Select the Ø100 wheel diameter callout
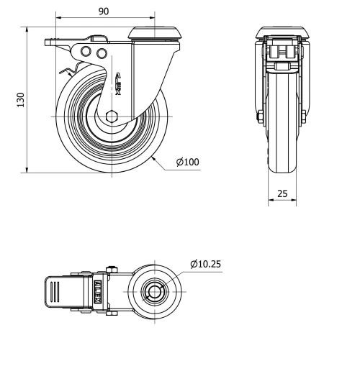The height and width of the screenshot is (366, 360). click(x=188, y=162)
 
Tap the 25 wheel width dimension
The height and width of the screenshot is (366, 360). click(x=282, y=194)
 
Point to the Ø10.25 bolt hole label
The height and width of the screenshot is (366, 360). click(x=205, y=264)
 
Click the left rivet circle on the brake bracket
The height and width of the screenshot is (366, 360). click(x=86, y=52)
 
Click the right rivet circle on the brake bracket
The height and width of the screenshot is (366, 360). click(x=101, y=53)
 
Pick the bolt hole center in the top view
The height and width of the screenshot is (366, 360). click(x=153, y=293)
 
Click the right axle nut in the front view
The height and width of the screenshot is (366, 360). click(x=307, y=118)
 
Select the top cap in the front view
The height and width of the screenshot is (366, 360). click(x=282, y=32)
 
